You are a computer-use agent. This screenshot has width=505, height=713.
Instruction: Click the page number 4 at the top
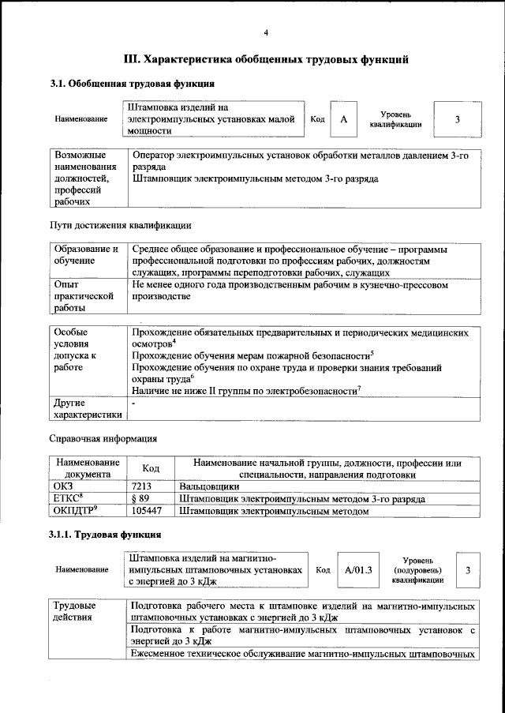pyautogui.click(x=266, y=32)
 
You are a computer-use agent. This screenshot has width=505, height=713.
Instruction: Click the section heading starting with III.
pyautogui.click(x=266, y=59)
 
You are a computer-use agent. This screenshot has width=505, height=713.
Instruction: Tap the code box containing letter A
pyautogui.click(x=343, y=119)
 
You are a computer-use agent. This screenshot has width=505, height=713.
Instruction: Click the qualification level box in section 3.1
pyautogui.click(x=457, y=119)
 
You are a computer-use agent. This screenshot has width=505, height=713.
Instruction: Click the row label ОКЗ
pyautogui.click(x=62, y=487)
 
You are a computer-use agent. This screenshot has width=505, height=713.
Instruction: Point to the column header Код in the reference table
pyautogui.click(x=151, y=469)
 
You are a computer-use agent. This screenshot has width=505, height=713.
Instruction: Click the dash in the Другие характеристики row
pyautogui.click(x=134, y=403)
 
